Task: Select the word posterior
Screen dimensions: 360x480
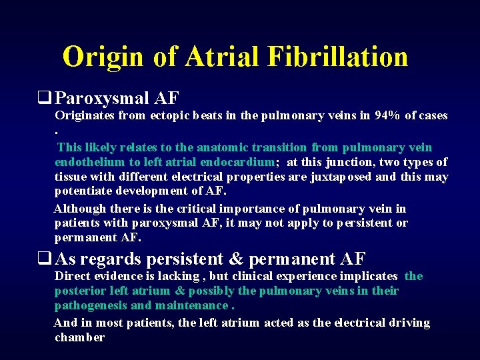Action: [80, 291]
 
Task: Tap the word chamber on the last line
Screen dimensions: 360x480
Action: [79, 337]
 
